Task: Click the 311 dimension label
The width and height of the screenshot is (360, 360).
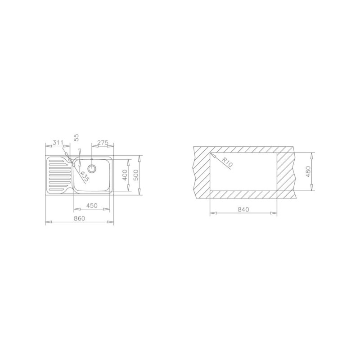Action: pos(58,143)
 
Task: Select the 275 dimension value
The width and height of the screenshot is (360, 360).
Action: pos(103,143)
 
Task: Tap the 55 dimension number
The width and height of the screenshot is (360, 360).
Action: pos(76,137)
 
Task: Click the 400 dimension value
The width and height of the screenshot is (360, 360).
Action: pos(125,175)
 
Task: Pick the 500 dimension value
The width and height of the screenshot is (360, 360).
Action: pos(136,175)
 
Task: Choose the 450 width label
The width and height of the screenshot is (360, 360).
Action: pos(92,206)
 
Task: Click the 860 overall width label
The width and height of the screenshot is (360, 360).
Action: pos(80,218)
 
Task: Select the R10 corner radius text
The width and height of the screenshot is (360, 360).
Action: pos(228,162)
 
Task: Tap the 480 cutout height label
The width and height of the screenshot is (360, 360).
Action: pos(308,171)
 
